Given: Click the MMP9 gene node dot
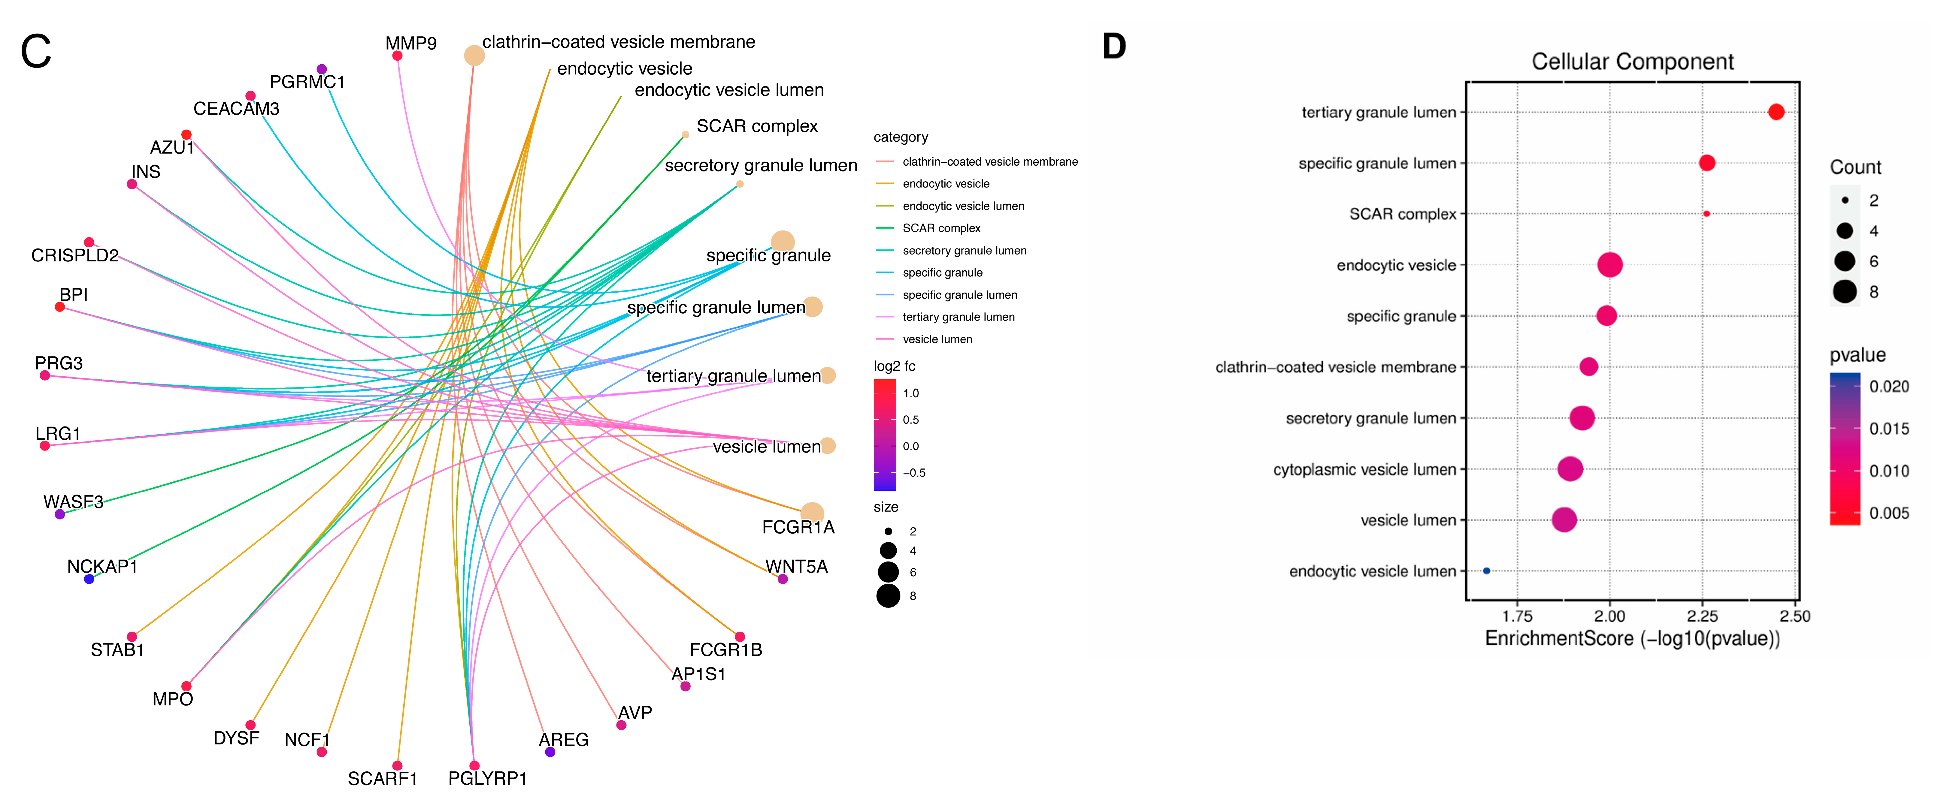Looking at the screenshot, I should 397,56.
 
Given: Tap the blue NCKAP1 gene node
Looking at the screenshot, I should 89,579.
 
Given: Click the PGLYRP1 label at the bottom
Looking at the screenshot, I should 488,778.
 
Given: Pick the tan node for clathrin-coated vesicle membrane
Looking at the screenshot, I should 474,56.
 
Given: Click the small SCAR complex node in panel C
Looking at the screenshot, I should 685,135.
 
